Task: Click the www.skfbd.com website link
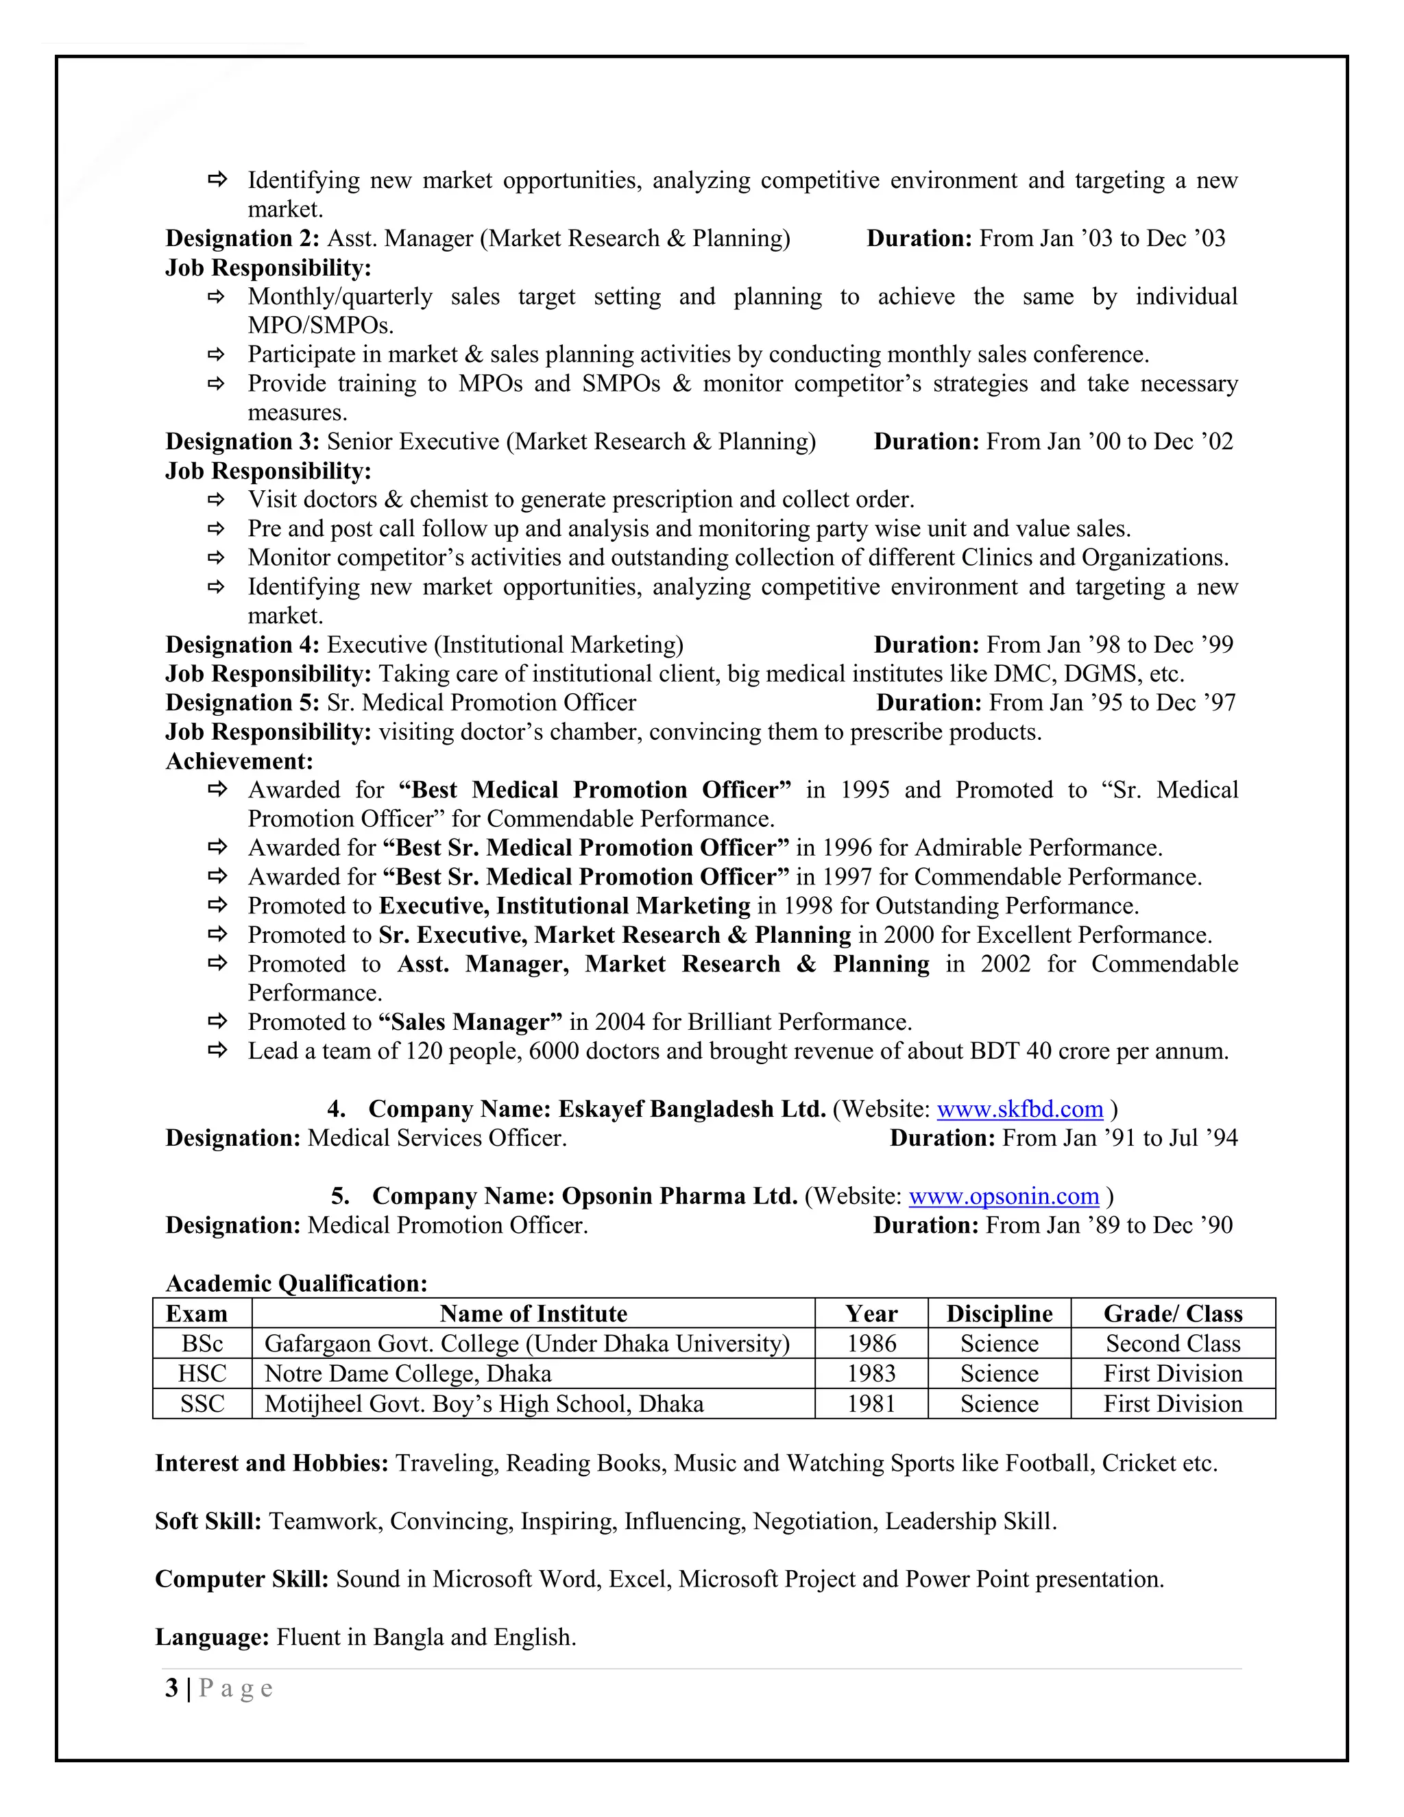tap(1019, 1109)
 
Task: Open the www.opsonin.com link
tap(1003, 1196)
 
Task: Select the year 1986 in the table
tap(871, 1344)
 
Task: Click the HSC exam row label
tap(202, 1373)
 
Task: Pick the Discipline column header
tap(999, 1314)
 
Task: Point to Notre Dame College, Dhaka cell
tap(408, 1373)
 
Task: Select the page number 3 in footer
tap(171, 1688)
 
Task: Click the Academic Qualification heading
tap(296, 1284)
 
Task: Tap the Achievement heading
tap(239, 761)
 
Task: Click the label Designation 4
tap(242, 645)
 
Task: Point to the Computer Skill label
tap(242, 1579)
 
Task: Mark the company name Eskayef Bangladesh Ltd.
tap(691, 1109)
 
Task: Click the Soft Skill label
tap(208, 1521)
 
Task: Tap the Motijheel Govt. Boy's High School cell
tap(483, 1404)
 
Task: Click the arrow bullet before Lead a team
tap(217, 1050)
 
